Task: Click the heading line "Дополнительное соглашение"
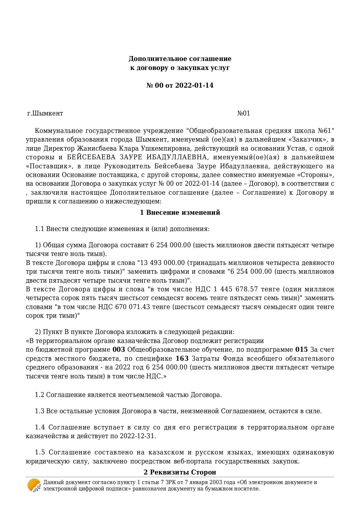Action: click(180, 59)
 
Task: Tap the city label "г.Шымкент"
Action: click(45, 113)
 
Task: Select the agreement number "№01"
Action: click(244, 113)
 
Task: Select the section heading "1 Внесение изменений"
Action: click(180, 213)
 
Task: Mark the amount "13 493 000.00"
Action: click(162, 263)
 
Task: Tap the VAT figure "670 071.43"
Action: click(133, 307)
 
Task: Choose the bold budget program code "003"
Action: click(119, 349)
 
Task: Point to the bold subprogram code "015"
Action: click(301, 349)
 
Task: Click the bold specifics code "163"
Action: click(182, 358)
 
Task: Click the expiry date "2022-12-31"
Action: click(138, 436)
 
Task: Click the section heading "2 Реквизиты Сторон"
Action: click(180, 472)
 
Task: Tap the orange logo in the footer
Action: click(34, 485)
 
